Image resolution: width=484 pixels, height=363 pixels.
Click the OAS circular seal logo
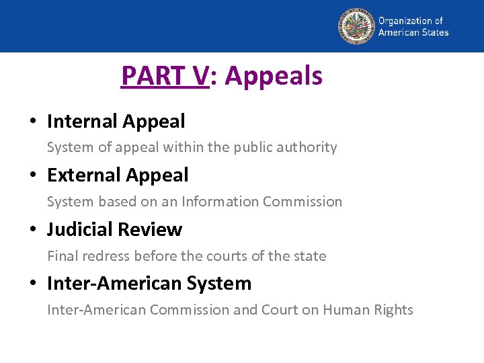pyautogui.click(x=356, y=26)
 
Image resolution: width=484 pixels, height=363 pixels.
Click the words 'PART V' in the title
pyautogui.click(x=165, y=76)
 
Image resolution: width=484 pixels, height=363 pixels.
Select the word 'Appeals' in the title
pyautogui.click(x=274, y=76)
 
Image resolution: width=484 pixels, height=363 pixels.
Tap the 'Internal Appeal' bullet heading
pyautogui.click(x=116, y=122)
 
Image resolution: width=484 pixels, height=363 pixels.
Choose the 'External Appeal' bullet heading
pyautogui.click(x=118, y=175)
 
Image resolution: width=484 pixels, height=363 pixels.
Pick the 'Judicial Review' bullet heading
pyautogui.click(x=114, y=230)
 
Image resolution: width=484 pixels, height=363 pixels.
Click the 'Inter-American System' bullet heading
pyautogui.click(x=149, y=284)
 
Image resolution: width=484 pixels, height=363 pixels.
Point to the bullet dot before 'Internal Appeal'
pyautogui.click(x=32, y=122)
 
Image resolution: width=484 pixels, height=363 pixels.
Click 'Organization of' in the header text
pyautogui.click(x=410, y=21)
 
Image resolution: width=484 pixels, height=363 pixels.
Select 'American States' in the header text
pyautogui.click(x=413, y=32)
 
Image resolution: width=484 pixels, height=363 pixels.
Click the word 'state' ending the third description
pyautogui.click(x=311, y=256)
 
